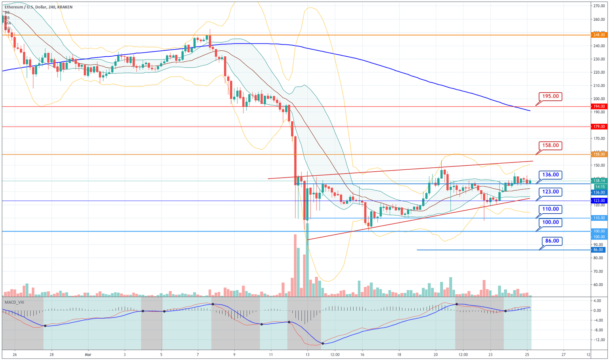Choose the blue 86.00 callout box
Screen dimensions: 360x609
coord(552,241)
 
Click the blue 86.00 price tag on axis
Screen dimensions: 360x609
coord(598,250)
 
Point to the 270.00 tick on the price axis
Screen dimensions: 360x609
coord(599,6)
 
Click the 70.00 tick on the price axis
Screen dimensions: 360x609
coord(599,271)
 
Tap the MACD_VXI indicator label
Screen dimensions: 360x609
coord(14,302)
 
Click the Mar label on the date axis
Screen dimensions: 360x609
coord(88,354)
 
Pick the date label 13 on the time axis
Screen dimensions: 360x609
coord(307,354)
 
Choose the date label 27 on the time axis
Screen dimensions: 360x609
coord(563,354)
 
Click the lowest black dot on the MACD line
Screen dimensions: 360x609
coord(323,343)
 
